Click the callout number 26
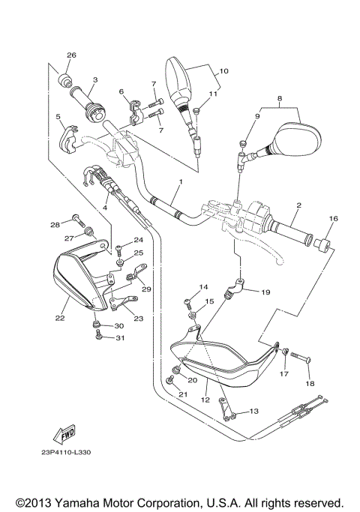click(72, 56)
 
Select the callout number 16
click(332, 219)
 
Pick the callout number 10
click(222, 72)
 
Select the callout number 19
click(265, 293)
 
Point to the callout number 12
click(202, 403)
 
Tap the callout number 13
click(253, 412)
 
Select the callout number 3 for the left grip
click(95, 79)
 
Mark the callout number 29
click(146, 289)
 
